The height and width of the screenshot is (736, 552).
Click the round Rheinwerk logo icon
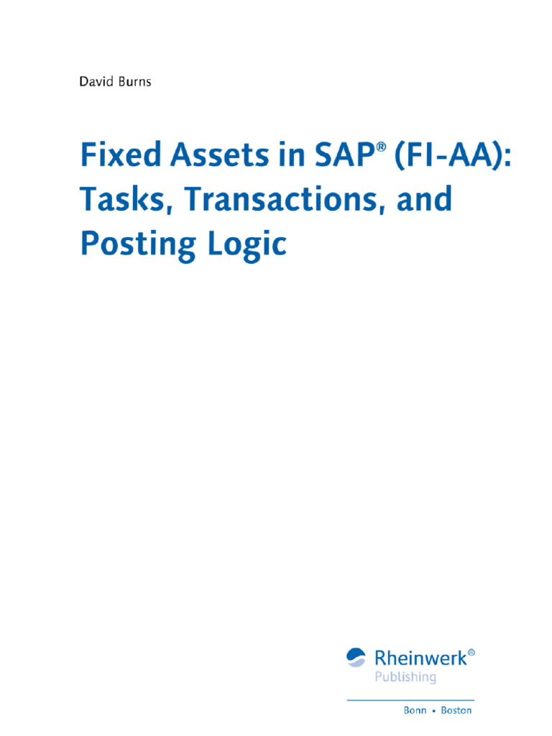(x=356, y=657)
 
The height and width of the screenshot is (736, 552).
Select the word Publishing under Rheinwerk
(x=405, y=677)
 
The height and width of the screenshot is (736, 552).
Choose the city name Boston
(x=457, y=710)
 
